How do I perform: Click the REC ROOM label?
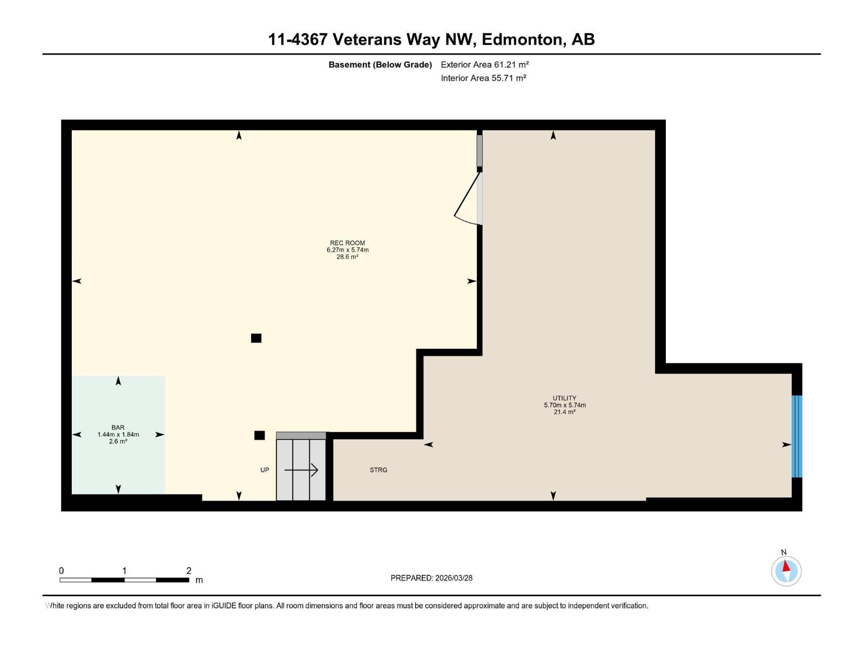(347, 243)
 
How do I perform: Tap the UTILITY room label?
(564, 398)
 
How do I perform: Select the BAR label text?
(118, 427)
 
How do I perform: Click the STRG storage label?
(379, 470)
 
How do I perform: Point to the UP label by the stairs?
(265, 470)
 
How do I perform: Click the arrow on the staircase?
(301, 470)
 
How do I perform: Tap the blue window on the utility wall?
(796, 436)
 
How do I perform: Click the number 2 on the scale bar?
(188, 570)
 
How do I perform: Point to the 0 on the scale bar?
(62, 570)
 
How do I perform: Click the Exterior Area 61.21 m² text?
(484, 64)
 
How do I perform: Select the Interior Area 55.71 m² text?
(483, 78)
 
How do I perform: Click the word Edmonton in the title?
(522, 39)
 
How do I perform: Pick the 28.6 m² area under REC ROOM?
(347, 256)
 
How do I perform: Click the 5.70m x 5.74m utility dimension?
(564, 405)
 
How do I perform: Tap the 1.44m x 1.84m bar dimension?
(118, 434)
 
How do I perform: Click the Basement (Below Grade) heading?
(380, 64)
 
